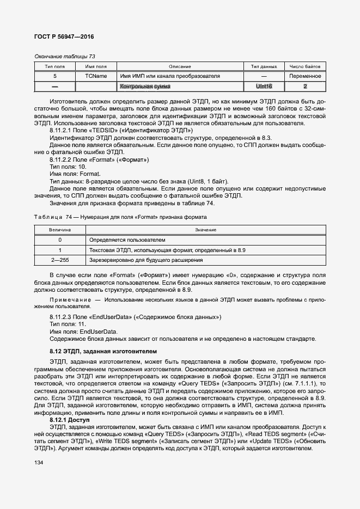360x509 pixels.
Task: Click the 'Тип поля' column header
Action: (54, 66)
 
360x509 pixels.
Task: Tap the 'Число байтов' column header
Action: (305, 66)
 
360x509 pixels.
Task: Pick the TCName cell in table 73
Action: (96, 76)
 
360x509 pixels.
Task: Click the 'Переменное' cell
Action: (305, 76)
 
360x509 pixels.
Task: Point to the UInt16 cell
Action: (264, 87)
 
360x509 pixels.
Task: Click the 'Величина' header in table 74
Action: (60, 230)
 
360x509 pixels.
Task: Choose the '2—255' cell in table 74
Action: (60, 260)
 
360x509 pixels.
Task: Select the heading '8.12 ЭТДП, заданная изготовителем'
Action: (103, 352)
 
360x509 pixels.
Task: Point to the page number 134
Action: (40, 462)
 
